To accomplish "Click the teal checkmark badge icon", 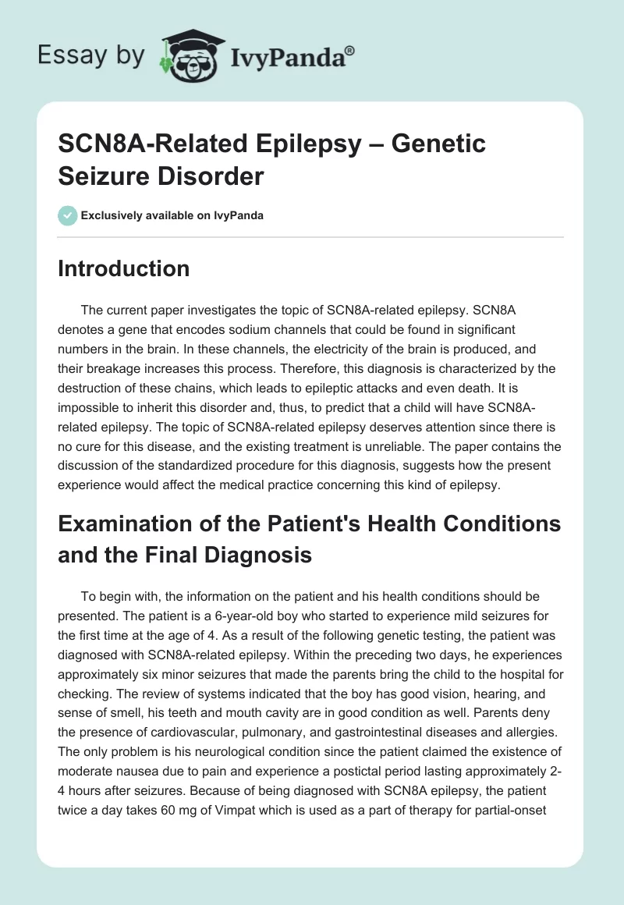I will [x=69, y=215].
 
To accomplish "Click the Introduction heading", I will [x=124, y=269].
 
